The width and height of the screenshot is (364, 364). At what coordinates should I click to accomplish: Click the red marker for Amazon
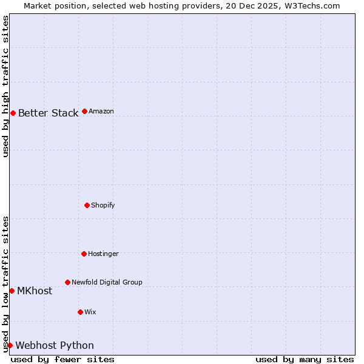pos(84,111)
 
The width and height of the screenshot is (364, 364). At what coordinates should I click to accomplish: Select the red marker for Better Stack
pos(13,113)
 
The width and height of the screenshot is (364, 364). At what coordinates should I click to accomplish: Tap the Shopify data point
pos(87,205)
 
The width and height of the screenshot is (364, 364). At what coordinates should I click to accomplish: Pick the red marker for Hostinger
pos(84,254)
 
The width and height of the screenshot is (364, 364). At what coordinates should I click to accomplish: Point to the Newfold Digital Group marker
pos(67,282)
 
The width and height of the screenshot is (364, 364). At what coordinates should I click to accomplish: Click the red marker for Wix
pos(80,312)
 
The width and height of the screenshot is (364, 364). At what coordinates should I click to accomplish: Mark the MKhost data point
pos(12,291)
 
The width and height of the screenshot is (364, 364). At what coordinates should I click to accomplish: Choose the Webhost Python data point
pos(10,345)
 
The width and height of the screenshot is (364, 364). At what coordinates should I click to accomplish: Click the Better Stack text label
pos(48,113)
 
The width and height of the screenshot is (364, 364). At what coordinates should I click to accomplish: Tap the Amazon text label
pos(101,111)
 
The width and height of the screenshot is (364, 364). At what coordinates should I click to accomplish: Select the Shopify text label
pos(103,205)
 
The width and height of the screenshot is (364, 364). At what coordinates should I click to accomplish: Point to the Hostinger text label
pos(103,254)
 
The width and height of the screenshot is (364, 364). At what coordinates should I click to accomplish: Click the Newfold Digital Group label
pos(107,282)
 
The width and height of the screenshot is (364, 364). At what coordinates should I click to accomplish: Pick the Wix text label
pos(90,312)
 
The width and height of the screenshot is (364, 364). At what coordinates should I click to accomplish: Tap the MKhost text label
pos(35,291)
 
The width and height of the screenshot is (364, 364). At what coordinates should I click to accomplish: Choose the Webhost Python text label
pos(55,345)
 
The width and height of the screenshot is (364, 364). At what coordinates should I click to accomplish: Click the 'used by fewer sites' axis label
pos(62,359)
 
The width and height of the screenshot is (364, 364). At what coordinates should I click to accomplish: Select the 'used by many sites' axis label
pos(305,359)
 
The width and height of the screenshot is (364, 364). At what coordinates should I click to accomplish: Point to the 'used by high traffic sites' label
pos(5,86)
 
